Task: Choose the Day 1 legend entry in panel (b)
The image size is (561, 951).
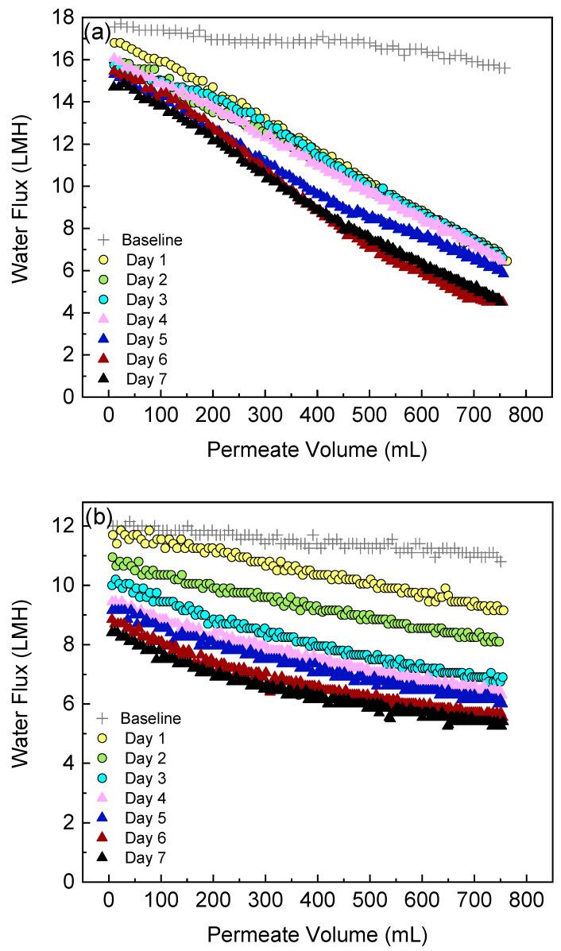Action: click(x=143, y=740)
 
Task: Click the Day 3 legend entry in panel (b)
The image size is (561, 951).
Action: click(x=143, y=782)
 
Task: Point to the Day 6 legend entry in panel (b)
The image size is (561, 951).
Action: click(x=143, y=838)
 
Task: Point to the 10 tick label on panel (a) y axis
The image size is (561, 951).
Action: click(x=66, y=187)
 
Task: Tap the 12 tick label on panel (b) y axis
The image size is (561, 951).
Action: click(x=66, y=526)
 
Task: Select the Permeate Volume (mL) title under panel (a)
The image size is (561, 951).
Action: click(x=317, y=450)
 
